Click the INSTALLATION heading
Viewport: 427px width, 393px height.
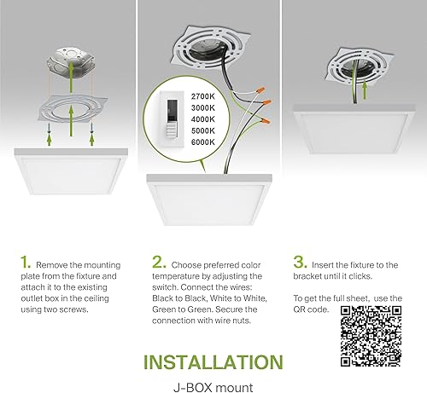[x=213, y=361]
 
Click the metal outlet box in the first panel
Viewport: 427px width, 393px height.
[x=71, y=66]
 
